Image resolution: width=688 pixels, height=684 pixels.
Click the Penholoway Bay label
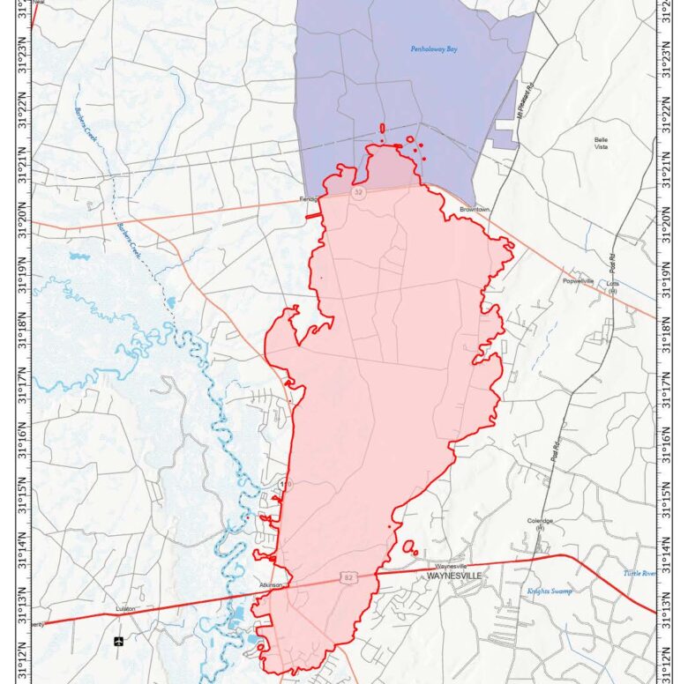(x=434, y=49)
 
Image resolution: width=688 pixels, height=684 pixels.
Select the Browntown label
(x=473, y=210)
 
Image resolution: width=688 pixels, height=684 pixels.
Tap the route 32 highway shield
(x=359, y=191)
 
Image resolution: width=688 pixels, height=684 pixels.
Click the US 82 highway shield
(x=348, y=576)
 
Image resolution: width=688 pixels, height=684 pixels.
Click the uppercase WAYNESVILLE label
(x=454, y=576)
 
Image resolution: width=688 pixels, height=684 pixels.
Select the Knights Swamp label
(x=549, y=591)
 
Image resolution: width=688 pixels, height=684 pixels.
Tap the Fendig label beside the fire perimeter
(x=308, y=199)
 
